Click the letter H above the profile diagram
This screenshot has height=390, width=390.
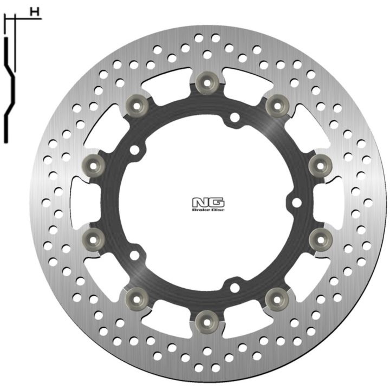click(35, 12)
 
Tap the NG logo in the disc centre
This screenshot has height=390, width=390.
click(208, 203)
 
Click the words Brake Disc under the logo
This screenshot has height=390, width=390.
click(208, 210)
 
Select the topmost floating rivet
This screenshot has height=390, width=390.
click(207, 83)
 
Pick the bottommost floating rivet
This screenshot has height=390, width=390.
click(207, 322)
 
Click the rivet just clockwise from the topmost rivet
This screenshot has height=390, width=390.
click(277, 106)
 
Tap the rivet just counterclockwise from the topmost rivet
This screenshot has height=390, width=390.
click(137, 106)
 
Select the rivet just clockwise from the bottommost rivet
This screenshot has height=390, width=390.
click(137, 299)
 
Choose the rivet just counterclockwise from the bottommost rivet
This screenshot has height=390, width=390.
click(277, 299)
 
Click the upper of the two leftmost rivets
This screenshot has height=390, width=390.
click(93, 165)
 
